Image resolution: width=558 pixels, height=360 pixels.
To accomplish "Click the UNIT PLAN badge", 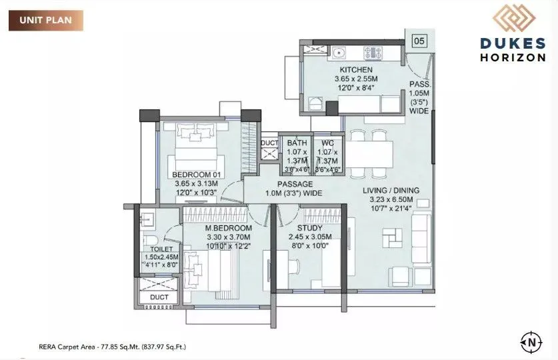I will [x=46, y=21].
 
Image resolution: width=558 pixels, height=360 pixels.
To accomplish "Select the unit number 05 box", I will [x=419, y=41].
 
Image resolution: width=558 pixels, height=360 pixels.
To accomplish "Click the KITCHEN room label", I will [x=355, y=69].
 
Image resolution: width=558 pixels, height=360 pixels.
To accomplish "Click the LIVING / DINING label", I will [x=388, y=190].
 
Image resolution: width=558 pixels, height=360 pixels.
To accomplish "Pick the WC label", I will [x=327, y=143].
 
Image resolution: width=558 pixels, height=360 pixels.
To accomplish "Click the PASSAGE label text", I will [x=295, y=184].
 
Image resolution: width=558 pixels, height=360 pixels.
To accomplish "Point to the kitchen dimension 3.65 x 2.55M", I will [x=355, y=79].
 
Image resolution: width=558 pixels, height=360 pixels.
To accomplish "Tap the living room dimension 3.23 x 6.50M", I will [x=388, y=199].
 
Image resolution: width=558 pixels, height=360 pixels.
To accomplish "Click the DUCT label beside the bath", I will [x=269, y=143].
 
